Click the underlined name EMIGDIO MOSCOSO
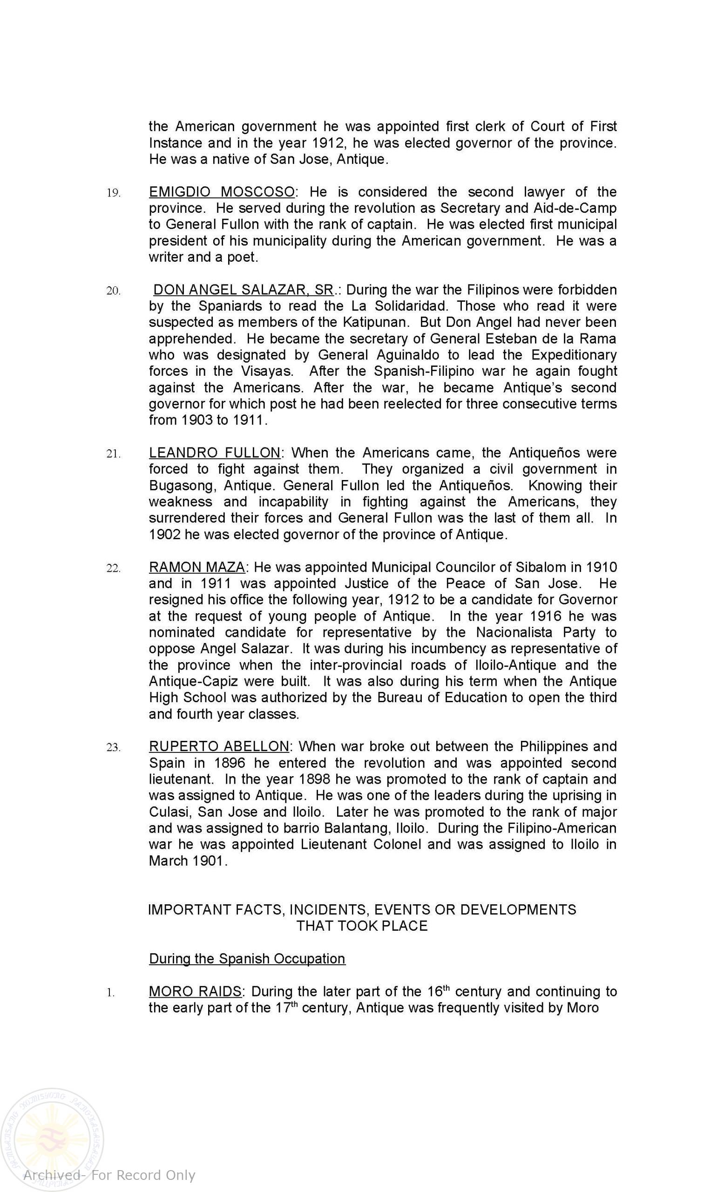click(222, 192)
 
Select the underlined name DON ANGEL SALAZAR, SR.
click(243, 290)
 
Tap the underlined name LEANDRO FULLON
click(214, 453)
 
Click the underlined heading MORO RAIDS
click(195, 992)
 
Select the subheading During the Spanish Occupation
click(247, 959)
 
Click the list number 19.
click(113, 193)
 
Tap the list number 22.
click(113, 568)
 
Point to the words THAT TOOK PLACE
click(362, 926)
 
